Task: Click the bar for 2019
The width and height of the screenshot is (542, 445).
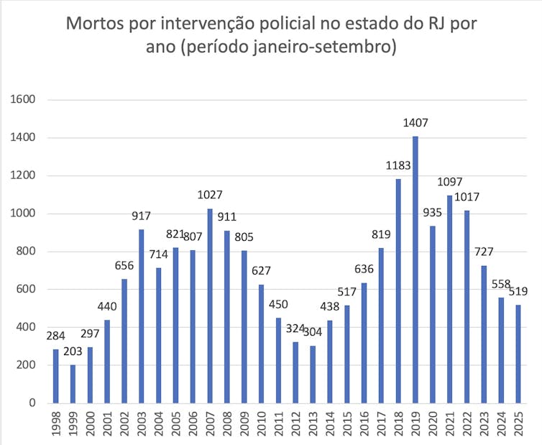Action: tap(415, 270)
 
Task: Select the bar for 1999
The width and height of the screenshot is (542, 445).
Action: tap(73, 384)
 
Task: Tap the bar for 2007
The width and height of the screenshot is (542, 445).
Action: tap(210, 306)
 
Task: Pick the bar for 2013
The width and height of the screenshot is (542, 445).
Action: tap(313, 374)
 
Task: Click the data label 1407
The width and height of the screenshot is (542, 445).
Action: tap(415, 124)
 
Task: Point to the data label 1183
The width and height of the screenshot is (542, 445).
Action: tap(398, 166)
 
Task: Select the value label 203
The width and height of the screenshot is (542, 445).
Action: tap(73, 353)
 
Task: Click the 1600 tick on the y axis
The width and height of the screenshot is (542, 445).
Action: tap(24, 100)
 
